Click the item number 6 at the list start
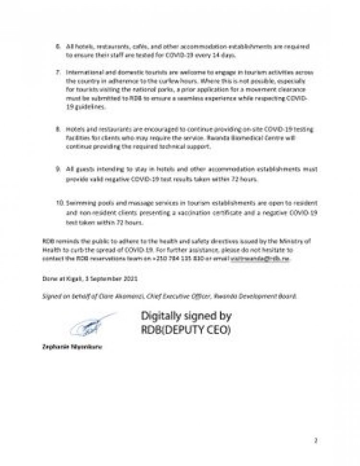[58, 48]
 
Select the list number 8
[58, 131]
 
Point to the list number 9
[58, 170]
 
